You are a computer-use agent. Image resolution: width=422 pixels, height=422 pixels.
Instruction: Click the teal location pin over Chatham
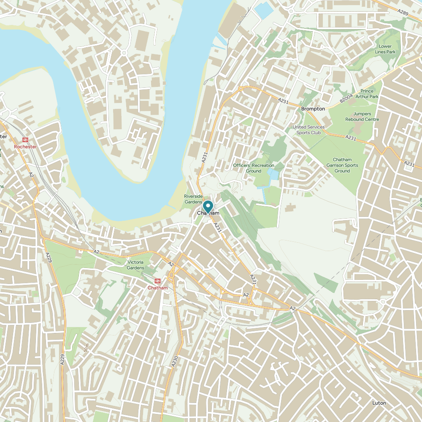[208, 207]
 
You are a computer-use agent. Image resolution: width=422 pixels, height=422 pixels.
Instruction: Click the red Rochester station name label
[25, 147]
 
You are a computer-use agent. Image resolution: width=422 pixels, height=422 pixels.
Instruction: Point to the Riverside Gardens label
[193, 199]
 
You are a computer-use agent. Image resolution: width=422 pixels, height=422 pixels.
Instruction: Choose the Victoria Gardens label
[135, 265]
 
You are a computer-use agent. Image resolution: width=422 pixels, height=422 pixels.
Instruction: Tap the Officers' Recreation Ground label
[254, 168]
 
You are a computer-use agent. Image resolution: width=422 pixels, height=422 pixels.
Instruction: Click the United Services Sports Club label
[309, 130]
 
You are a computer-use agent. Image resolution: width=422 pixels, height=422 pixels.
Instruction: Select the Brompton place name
[313, 109]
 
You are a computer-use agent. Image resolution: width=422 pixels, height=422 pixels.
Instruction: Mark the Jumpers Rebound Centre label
[362, 116]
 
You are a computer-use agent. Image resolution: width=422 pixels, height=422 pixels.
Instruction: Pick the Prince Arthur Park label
[367, 94]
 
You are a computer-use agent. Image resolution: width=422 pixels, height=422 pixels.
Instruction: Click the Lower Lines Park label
[385, 49]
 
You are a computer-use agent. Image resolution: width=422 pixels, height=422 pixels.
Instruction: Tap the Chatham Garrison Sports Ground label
[342, 165]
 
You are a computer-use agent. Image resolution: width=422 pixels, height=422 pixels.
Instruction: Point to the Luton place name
[379, 403]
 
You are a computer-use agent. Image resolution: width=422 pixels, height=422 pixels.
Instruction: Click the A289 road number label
[403, 13]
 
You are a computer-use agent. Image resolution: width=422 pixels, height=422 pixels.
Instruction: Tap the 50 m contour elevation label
[86, 348]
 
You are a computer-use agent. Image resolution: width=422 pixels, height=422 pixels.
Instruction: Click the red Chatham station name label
[157, 288]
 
